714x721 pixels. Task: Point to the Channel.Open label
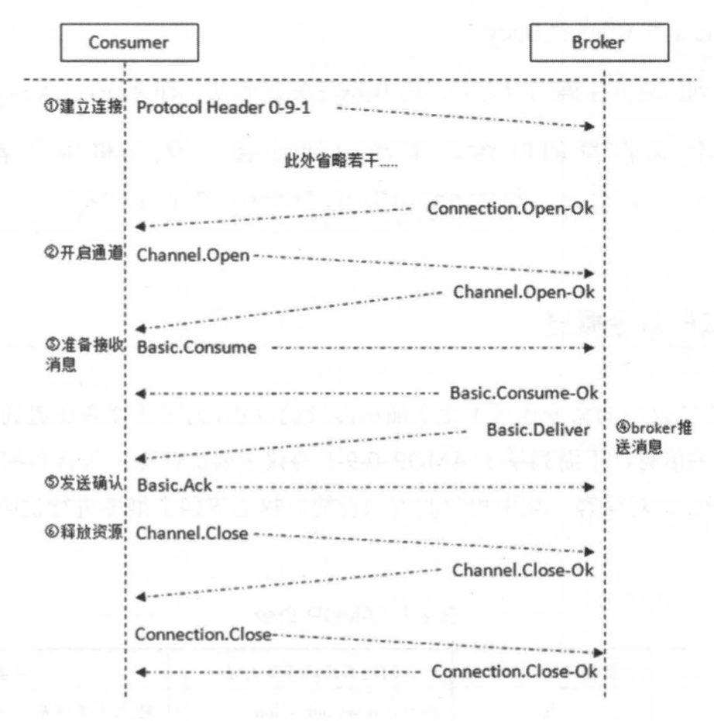click(193, 257)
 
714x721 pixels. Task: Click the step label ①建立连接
click(81, 108)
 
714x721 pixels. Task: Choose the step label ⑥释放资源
click(81, 533)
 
